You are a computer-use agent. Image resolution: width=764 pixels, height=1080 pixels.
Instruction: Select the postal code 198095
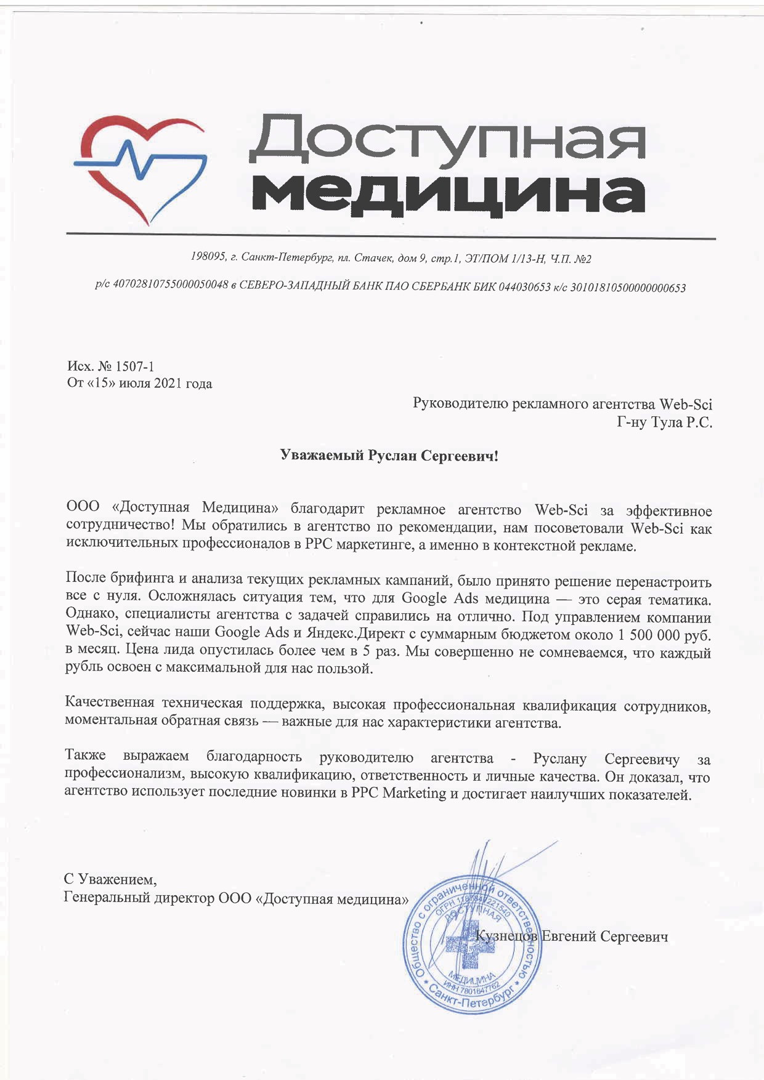(208, 257)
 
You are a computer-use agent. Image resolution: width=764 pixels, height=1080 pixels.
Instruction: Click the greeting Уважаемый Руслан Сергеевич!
(389, 456)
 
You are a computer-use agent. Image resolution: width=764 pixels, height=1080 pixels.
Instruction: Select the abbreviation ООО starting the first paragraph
(82, 509)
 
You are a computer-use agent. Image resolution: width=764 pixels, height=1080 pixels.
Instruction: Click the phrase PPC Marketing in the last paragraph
(398, 794)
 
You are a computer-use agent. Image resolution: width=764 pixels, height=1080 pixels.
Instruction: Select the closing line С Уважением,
(110, 879)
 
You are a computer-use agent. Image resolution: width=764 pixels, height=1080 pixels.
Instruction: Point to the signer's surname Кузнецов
(507, 937)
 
